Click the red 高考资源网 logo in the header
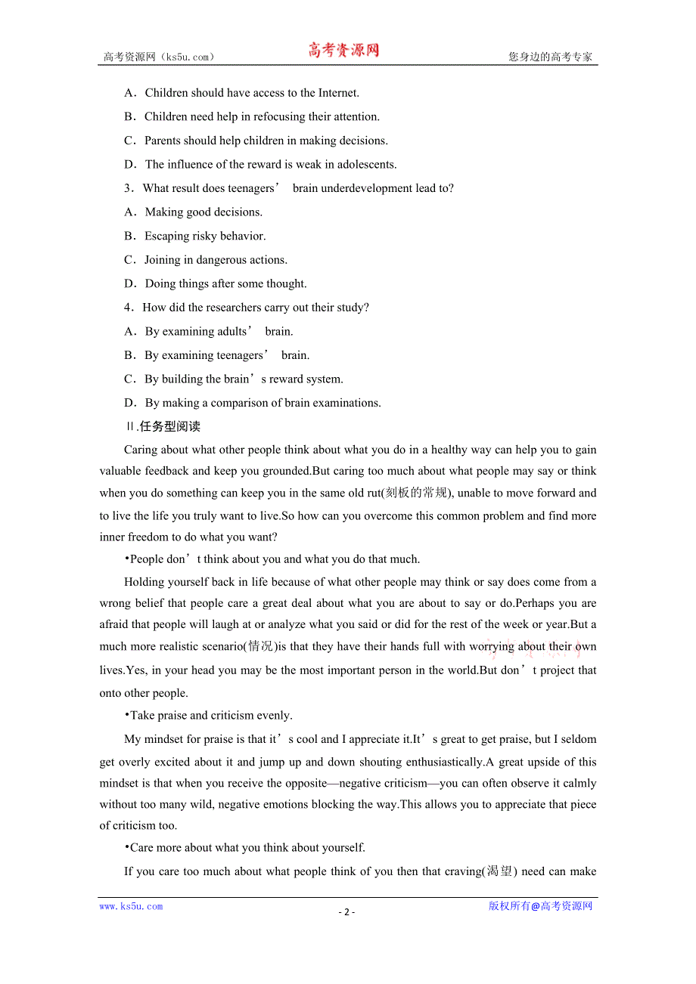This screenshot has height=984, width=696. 343,51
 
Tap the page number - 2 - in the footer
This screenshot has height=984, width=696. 346,911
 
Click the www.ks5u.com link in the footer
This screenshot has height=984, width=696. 131,906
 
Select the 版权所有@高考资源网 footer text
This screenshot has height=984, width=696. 540,906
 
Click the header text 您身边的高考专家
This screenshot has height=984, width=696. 550,57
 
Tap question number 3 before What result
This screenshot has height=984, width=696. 128,188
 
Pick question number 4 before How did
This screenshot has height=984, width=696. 128,308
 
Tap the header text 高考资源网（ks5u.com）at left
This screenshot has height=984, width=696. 159,57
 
